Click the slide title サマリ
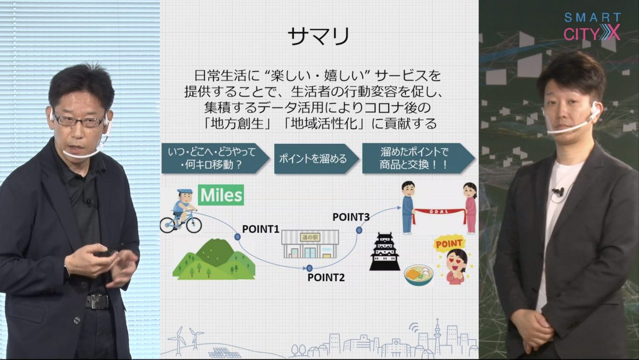[318, 37]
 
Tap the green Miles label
[221, 195]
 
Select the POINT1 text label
[260, 229]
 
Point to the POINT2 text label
[326, 277]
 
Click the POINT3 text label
[351, 217]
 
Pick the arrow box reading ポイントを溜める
[317, 159]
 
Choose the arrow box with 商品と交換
[419, 159]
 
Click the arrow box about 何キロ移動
[215, 159]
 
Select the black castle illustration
[384, 251]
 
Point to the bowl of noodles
[419, 275]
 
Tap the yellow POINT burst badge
[449, 243]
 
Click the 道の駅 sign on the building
[310, 237]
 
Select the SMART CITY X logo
[592, 26]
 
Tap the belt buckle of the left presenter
[98, 301]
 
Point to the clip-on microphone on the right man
[558, 192]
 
